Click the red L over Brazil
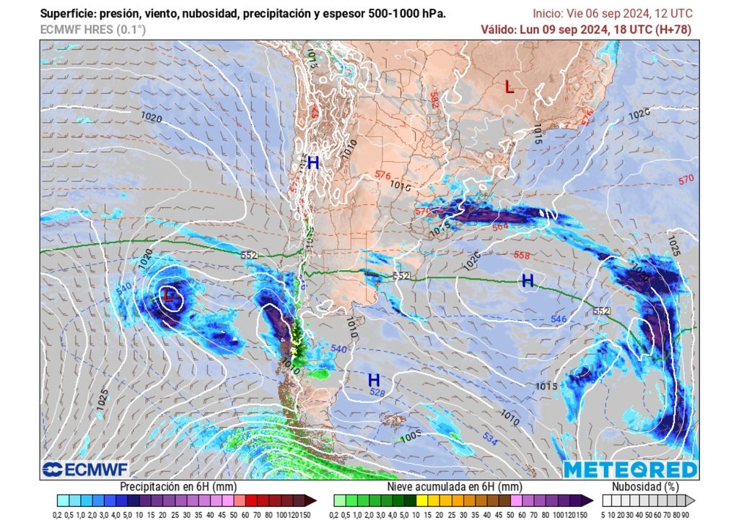click(510, 87)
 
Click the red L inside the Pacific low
click(168, 295)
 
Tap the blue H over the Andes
click(313, 164)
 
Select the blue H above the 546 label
click(528, 281)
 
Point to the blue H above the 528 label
click(374, 380)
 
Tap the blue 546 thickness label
click(559, 318)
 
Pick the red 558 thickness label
click(522, 255)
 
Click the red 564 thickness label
click(500, 227)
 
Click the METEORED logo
click(630, 469)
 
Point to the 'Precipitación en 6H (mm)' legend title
click(178, 487)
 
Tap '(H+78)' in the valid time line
click(673, 30)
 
